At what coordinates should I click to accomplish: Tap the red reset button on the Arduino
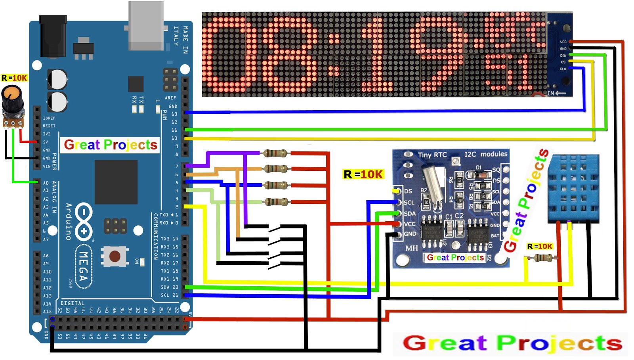[x=115, y=256]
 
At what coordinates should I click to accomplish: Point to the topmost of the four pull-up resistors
[x=275, y=153]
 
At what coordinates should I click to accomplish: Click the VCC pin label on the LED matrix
[x=563, y=42]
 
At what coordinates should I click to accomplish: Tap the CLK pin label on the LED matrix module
[x=563, y=69]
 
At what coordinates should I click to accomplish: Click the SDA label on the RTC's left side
[x=410, y=214]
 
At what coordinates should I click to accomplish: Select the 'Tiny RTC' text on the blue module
[x=432, y=155]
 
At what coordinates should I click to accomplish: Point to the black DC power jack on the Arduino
[x=53, y=36]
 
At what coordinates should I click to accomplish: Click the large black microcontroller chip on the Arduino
[x=116, y=182]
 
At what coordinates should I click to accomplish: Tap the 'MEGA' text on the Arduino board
[x=84, y=266]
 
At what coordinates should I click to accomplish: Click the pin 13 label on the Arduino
[x=174, y=114]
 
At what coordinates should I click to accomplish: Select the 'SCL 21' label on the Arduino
[x=169, y=295]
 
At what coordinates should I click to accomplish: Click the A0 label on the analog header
[x=46, y=183]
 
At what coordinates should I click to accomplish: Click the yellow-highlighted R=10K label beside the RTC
[x=363, y=174]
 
